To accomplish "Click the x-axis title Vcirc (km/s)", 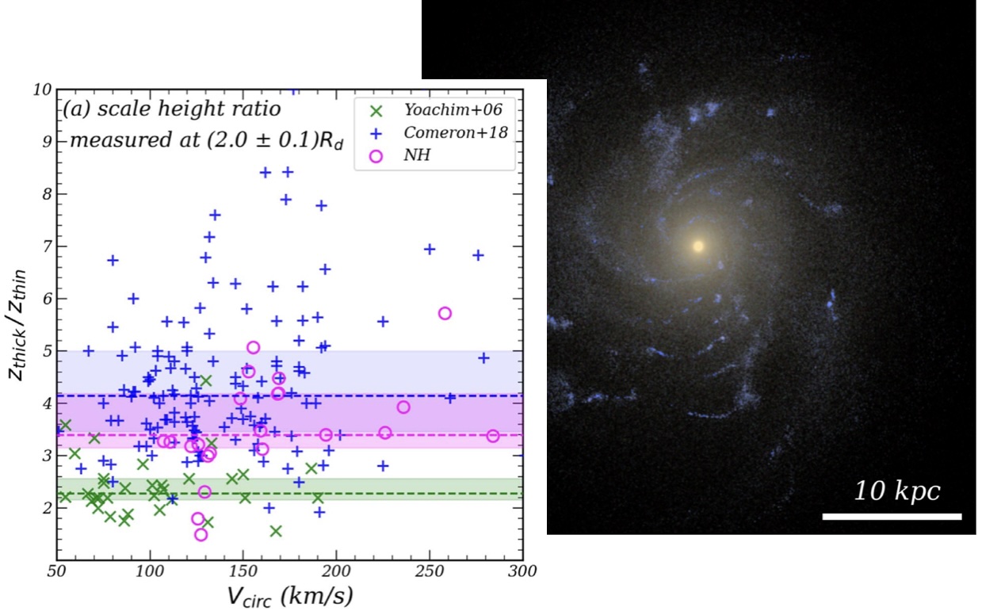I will coord(289,595).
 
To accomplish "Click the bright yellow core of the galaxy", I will coord(698,246).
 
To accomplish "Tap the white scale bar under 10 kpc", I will coord(892,517).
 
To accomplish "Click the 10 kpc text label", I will coord(896,491).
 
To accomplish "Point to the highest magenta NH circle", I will coord(445,313).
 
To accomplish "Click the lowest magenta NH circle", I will coord(201,535).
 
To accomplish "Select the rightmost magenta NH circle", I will coord(493,436).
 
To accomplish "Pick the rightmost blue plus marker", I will coord(483,357).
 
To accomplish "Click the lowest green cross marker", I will coord(276,531).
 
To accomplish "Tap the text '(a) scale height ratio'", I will coord(170,109).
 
